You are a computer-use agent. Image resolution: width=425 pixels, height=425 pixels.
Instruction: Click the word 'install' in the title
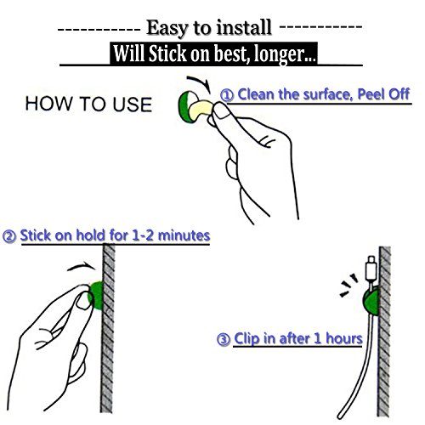click(x=243, y=28)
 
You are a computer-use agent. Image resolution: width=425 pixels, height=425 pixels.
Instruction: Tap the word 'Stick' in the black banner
click(x=167, y=54)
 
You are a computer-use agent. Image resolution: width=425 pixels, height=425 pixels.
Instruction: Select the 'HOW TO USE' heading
click(x=88, y=104)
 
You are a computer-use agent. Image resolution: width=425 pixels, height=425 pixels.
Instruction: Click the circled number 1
click(x=227, y=95)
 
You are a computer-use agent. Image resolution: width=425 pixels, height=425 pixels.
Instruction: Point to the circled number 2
click(x=9, y=236)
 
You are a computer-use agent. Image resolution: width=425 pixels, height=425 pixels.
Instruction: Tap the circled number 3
click(x=224, y=339)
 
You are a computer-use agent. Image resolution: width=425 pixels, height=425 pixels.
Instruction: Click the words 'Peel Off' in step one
click(x=383, y=94)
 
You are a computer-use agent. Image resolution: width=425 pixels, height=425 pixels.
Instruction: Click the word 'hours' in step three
click(x=344, y=338)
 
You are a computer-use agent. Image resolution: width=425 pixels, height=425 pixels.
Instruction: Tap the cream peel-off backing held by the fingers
click(x=201, y=108)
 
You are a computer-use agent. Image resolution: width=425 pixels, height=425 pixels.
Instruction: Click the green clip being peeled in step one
click(x=185, y=107)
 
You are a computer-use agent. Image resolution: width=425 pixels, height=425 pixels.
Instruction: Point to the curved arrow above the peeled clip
click(x=199, y=82)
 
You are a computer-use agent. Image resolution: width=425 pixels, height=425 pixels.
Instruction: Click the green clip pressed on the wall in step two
click(x=96, y=296)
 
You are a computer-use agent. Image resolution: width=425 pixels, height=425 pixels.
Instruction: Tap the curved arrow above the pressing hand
click(x=82, y=266)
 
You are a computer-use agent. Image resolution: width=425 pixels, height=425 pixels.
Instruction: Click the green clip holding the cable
click(x=371, y=300)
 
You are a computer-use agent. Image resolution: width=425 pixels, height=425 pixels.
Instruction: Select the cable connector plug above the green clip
click(x=371, y=268)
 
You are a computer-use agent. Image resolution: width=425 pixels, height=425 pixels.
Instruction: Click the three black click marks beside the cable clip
click(x=348, y=285)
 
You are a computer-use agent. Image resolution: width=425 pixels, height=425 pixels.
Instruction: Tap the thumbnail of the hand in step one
click(x=221, y=110)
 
